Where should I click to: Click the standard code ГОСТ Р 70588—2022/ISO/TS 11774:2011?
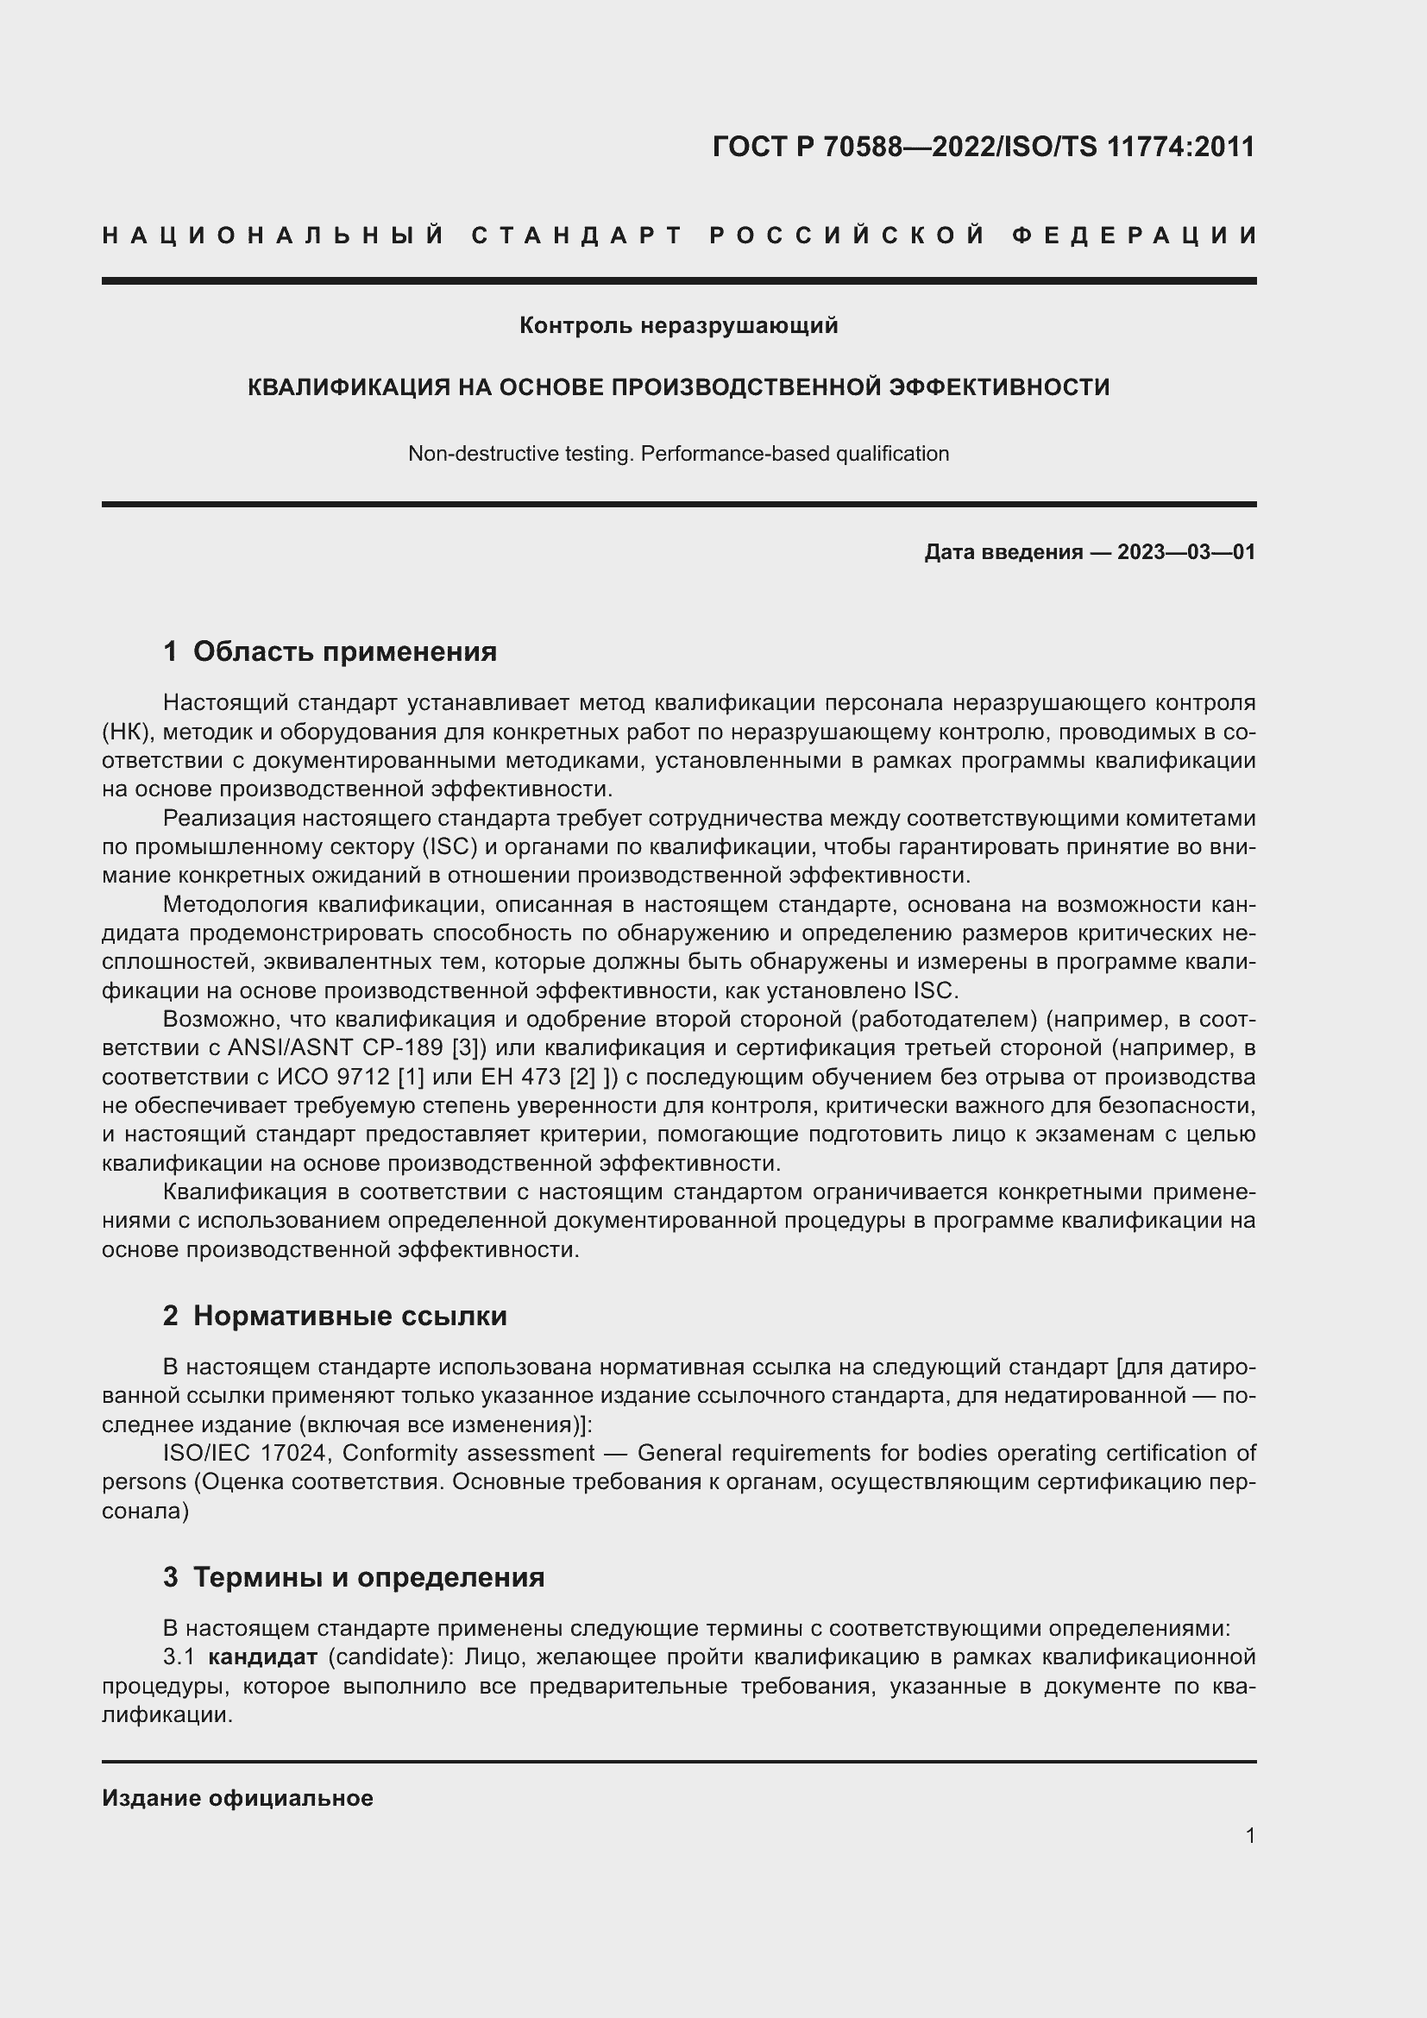pos(984,147)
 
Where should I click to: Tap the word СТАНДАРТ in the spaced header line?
pos(577,236)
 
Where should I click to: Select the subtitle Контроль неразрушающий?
pos(678,326)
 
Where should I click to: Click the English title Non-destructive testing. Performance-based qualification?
pos(678,455)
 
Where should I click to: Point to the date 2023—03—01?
pos(1186,552)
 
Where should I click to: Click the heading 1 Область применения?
pos(330,651)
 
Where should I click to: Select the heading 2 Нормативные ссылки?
pos(335,1316)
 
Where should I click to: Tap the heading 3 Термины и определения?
pos(353,1577)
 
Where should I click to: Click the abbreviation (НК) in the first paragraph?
pos(129,732)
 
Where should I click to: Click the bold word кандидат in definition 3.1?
pos(263,1657)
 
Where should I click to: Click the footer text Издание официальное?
pos(237,1798)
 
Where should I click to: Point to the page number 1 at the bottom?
pos(1249,1835)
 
